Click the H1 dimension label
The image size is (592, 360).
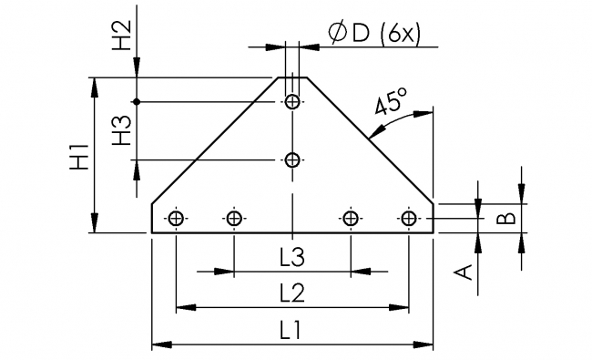(x=80, y=156)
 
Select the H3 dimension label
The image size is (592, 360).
(x=122, y=130)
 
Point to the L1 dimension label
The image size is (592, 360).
(x=291, y=332)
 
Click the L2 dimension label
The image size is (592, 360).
(x=291, y=293)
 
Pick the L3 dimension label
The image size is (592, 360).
(x=291, y=258)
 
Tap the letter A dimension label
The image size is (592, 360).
(x=464, y=271)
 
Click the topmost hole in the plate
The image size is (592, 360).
(x=292, y=101)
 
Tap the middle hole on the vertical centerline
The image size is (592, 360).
(x=292, y=160)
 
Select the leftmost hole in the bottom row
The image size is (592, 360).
(x=176, y=218)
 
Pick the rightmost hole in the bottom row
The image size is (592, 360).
(x=409, y=218)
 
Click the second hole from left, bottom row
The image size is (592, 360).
(x=234, y=218)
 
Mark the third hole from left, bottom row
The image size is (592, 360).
(x=351, y=218)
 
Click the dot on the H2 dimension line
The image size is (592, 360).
(x=136, y=101)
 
